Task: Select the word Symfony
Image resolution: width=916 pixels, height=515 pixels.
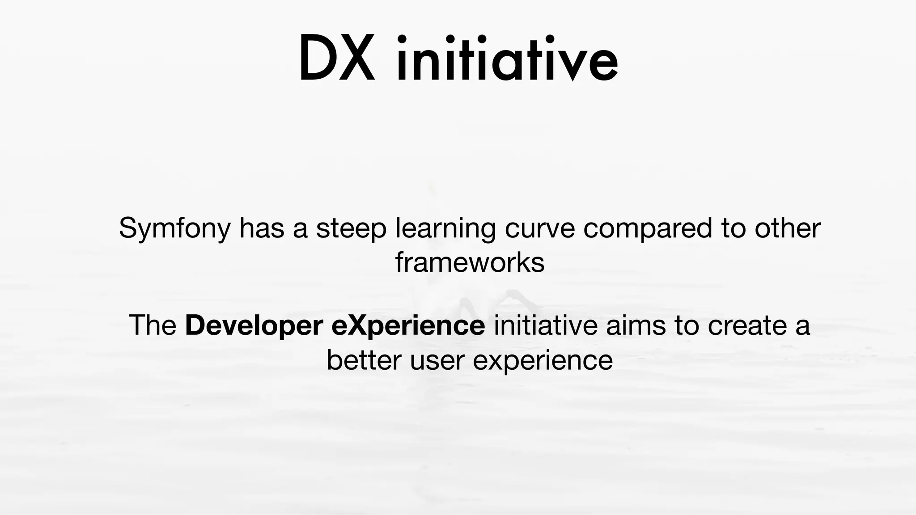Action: tap(174, 229)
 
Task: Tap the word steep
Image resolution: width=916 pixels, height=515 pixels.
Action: tap(351, 229)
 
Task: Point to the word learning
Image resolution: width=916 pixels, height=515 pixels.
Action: tap(445, 229)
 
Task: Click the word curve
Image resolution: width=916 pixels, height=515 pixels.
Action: tap(539, 229)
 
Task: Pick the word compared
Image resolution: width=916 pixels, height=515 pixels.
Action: tap(648, 229)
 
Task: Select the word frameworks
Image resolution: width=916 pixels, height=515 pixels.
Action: tap(470, 262)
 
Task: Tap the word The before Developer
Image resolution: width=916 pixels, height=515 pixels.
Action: tap(153, 325)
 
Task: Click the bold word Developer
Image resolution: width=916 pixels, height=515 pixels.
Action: tap(254, 326)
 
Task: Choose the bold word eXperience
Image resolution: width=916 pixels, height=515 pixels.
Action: tap(408, 326)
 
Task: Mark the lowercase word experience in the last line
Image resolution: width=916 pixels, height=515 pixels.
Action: tap(543, 360)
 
